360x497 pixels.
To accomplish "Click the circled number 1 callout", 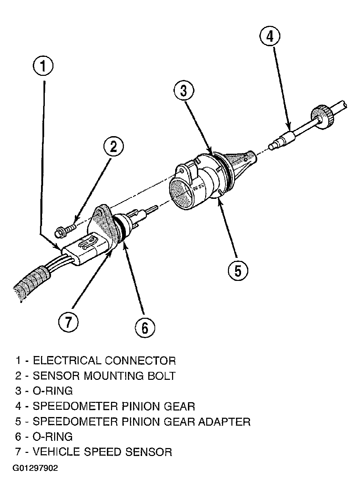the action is tap(43, 66).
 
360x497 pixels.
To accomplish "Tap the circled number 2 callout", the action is tap(113, 146).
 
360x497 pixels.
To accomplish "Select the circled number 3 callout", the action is tap(183, 91).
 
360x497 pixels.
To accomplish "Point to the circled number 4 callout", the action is tap(270, 36).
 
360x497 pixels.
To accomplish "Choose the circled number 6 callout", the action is tap(145, 327).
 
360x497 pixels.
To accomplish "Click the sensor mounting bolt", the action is tap(65, 231).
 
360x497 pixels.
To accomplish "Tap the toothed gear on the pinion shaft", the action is tap(323, 116).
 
